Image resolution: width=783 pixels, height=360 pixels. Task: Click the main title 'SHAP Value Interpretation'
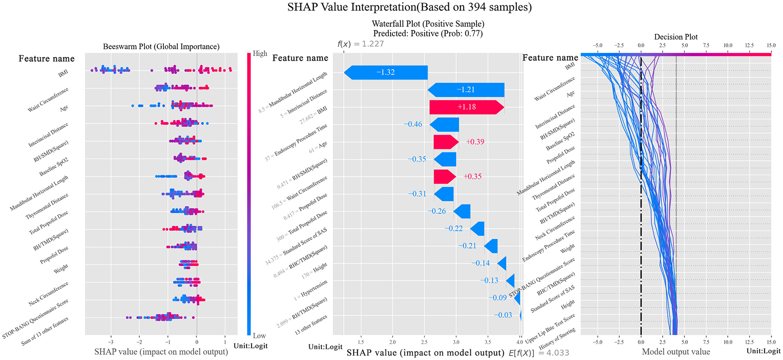(409, 7)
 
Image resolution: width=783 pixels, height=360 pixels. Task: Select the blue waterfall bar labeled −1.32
(386, 72)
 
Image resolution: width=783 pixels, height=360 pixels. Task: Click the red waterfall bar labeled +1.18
(466, 107)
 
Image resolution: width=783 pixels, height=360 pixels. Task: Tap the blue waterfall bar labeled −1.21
(466, 90)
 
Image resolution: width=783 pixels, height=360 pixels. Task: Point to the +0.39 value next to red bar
(475, 142)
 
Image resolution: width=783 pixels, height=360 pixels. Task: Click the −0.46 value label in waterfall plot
(413, 125)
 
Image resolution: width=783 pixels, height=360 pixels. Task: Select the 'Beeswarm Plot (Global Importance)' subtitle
(161, 46)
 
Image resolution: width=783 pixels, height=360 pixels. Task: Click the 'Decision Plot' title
(676, 37)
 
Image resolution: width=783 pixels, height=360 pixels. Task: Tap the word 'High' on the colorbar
(260, 53)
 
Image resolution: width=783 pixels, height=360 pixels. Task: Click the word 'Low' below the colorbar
(259, 336)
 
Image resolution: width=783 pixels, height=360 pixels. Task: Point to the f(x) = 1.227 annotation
(361, 44)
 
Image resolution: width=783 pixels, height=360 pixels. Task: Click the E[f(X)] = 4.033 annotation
(539, 352)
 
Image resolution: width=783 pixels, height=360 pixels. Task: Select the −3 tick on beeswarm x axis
(110, 342)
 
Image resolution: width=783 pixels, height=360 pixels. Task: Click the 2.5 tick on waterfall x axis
(424, 342)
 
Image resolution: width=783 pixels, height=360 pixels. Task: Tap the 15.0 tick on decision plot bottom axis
(771, 342)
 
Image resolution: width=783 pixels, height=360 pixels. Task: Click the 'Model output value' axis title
(676, 352)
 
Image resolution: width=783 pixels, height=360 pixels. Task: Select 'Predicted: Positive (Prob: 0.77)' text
(428, 34)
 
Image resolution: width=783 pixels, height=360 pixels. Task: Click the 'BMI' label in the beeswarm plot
(63, 73)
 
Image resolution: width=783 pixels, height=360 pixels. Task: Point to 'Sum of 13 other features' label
(45, 331)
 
